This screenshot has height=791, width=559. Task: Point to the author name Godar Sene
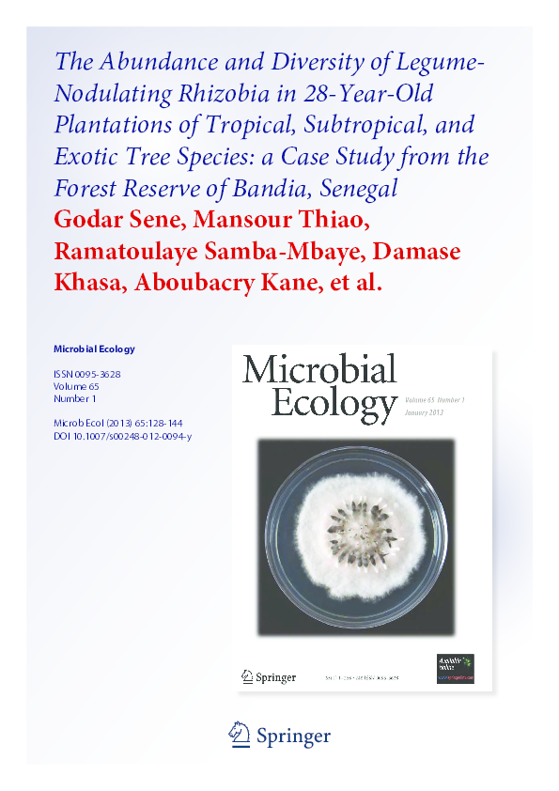pyautogui.click(x=116, y=220)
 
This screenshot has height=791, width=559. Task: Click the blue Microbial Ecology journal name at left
pyautogui.click(x=94, y=349)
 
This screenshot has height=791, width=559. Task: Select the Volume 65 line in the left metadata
pyautogui.click(x=77, y=386)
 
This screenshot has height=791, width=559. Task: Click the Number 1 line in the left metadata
pyautogui.click(x=75, y=398)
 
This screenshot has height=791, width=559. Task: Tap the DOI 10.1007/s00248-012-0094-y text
pyautogui.click(x=123, y=436)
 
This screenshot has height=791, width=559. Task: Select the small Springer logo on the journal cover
pyautogui.click(x=270, y=676)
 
